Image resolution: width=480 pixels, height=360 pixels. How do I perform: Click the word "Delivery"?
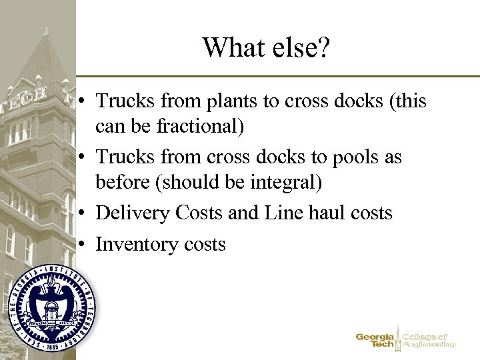click(x=133, y=213)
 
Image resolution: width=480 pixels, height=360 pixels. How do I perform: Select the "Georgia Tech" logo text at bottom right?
click(x=375, y=341)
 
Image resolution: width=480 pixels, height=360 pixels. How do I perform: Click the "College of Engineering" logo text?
click(x=429, y=341)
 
